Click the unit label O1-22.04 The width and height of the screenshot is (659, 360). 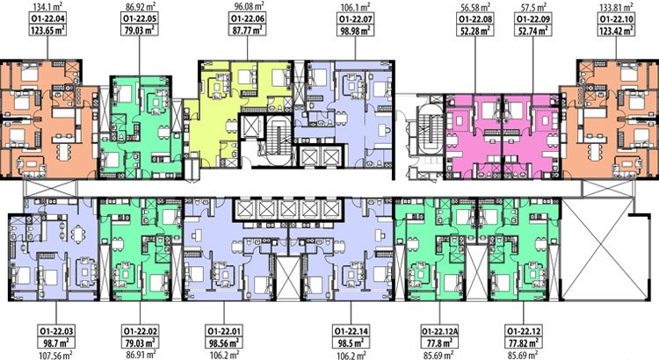pyautogui.click(x=48, y=19)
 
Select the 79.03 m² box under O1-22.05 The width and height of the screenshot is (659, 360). pyautogui.click(x=140, y=30)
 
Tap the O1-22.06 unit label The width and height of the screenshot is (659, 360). pyautogui.click(x=247, y=19)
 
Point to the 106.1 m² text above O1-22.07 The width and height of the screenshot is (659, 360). pyautogui.click(x=355, y=7)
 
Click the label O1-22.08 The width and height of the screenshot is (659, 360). pyautogui.click(x=474, y=19)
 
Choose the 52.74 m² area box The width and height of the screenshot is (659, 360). pyautogui.click(x=533, y=30)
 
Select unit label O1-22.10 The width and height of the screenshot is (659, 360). pyautogui.click(x=616, y=19)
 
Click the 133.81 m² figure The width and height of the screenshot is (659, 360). pyautogui.click(x=617, y=7)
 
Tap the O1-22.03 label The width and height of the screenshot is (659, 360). pyautogui.click(x=56, y=331)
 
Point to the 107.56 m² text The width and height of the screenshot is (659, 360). pyautogui.click(x=56, y=355)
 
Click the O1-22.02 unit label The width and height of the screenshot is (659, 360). pyautogui.click(x=140, y=331)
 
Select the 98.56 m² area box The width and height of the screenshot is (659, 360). pyautogui.click(x=224, y=342)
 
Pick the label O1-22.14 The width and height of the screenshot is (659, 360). pyautogui.click(x=351, y=331)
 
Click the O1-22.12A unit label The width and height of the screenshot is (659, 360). pyautogui.click(x=440, y=331)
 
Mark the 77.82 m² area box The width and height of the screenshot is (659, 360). pyautogui.click(x=524, y=342)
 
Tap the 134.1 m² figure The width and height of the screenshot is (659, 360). pyautogui.click(x=48, y=7)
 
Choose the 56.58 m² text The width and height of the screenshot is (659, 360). pyautogui.click(x=474, y=7)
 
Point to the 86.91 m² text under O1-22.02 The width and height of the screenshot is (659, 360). pyautogui.click(x=140, y=355)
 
